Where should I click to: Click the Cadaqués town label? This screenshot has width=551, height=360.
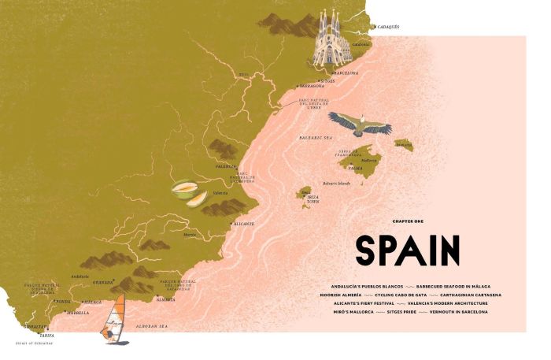(x=389, y=27)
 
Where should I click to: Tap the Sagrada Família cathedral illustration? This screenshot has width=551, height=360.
(x=331, y=41)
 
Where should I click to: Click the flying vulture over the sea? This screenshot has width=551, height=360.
(x=360, y=124)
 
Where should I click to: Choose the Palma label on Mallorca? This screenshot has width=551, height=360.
(x=355, y=168)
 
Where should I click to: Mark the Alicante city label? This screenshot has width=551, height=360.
(x=243, y=224)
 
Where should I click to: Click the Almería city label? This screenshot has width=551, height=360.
(x=166, y=300)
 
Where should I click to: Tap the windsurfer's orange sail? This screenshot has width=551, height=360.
(x=116, y=312)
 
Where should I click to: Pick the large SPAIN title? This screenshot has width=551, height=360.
(x=407, y=251)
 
